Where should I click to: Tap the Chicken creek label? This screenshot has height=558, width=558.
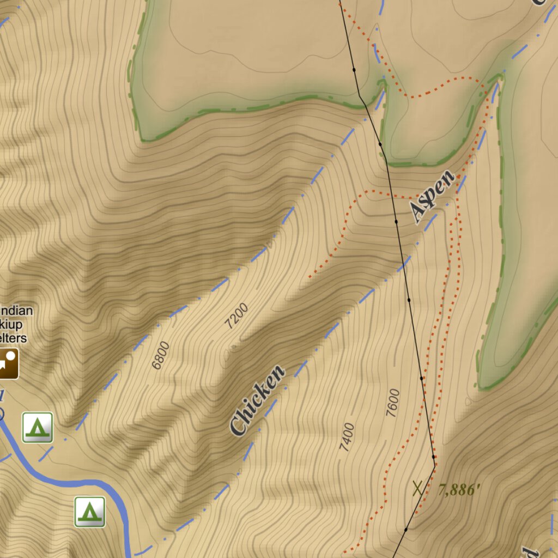258,401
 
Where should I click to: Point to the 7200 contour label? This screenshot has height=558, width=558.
237,316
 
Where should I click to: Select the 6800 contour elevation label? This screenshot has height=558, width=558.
161,355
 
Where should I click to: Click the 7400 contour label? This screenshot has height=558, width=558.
347,438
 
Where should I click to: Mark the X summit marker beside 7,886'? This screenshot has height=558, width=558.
418,488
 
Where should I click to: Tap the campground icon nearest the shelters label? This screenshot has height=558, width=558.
38,427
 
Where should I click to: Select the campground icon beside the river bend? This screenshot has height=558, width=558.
90,512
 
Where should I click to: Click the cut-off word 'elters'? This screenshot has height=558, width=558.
13,338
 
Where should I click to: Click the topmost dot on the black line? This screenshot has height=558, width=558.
354,70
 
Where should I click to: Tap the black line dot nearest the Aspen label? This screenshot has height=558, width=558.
396,222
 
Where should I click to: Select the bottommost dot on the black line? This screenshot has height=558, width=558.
406,529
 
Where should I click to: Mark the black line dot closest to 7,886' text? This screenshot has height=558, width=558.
434,457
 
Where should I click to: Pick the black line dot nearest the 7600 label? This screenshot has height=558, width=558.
421,378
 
